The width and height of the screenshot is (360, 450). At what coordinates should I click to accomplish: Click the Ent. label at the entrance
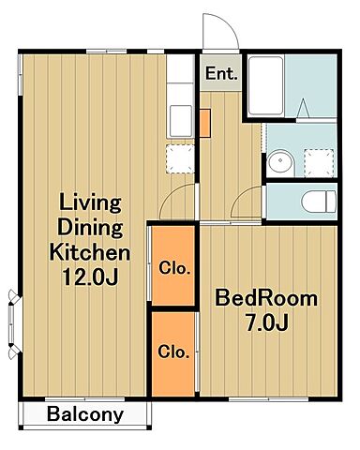click(221, 74)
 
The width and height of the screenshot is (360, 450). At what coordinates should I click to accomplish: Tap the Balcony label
click(85, 414)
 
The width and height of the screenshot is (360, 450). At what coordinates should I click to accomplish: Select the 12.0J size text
click(90, 277)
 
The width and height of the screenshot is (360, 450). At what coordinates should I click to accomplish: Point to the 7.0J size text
click(266, 322)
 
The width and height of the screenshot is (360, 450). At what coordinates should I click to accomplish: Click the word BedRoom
click(266, 298)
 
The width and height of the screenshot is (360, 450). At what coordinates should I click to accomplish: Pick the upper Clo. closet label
click(174, 268)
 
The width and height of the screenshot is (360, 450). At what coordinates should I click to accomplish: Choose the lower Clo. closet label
click(173, 352)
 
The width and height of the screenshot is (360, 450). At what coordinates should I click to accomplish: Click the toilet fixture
click(319, 202)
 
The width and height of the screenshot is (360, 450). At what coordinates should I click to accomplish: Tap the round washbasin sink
click(281, 161)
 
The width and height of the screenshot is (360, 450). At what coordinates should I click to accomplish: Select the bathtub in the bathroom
click(266, 85)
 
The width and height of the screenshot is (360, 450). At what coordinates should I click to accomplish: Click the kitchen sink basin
click(181, 121)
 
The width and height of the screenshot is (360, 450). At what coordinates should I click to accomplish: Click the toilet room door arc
click(241, 195)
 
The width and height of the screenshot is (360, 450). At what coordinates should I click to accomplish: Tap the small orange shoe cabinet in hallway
click(205, 123)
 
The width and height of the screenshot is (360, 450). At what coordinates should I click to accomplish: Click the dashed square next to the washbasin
click(319, 162)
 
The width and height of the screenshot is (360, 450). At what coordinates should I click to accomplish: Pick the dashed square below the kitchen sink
click(180, 158)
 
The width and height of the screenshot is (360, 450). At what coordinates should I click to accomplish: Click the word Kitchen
click(90, 252)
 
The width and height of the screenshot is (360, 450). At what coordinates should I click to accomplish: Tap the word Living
click(90, 203)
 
